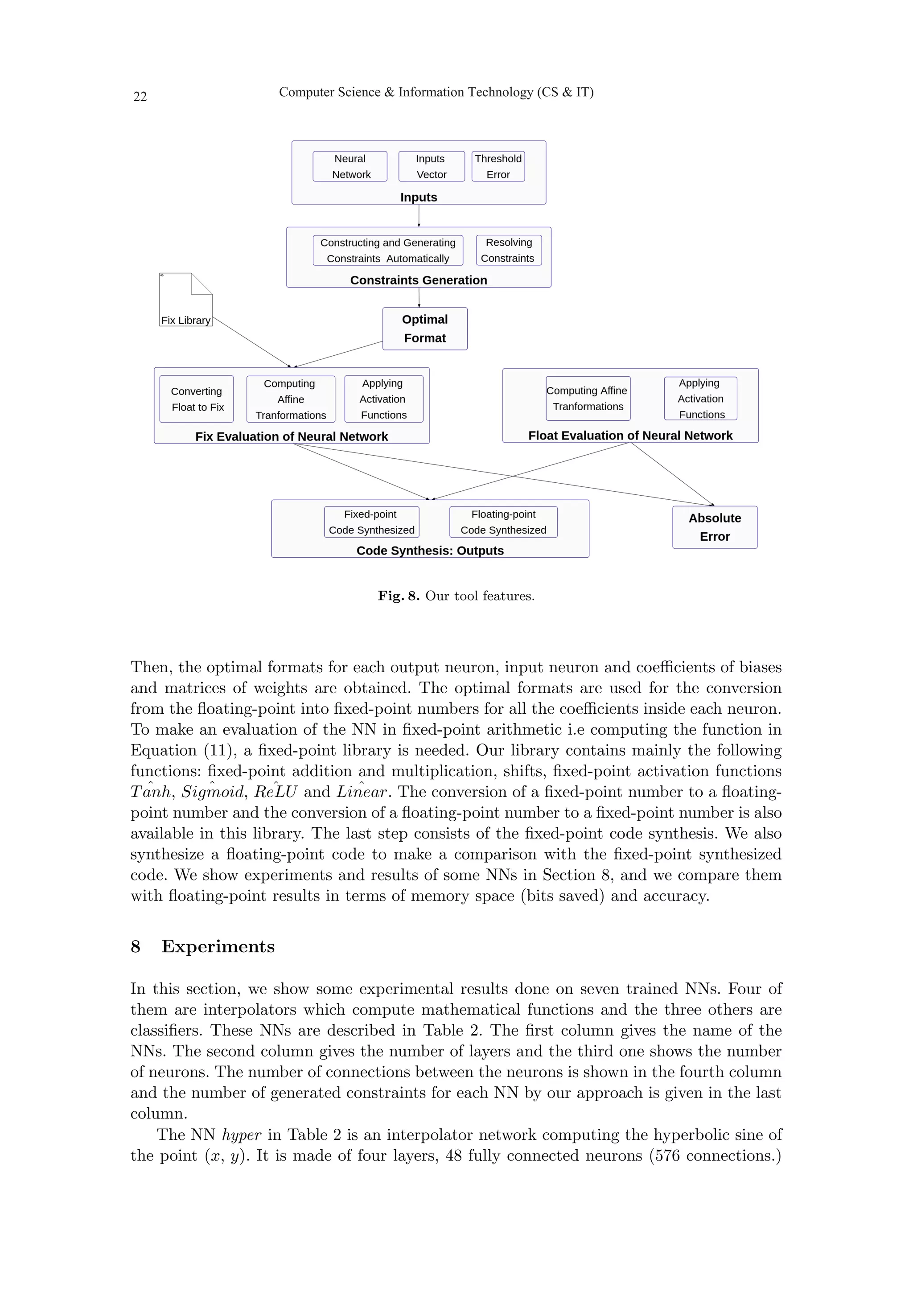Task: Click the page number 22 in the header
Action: (140, 97)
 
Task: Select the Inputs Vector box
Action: (431, 166)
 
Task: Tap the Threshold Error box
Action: (498, 166)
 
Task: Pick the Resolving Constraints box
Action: (508, 250)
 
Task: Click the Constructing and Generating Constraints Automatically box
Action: (387, 250)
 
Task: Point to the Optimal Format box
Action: (424, 329)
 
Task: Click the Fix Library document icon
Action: (185, 300)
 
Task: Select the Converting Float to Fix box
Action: (196, 399)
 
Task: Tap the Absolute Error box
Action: (714, 527)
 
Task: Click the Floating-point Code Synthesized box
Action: (503, 522)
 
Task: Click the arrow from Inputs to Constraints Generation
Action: (419, 215)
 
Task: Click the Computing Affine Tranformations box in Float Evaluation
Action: (588, 398)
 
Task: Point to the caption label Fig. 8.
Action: (398, 596)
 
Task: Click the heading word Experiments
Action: (218, 947)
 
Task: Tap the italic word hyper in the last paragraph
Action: (241, 1135)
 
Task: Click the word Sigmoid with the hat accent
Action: (213, 792)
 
